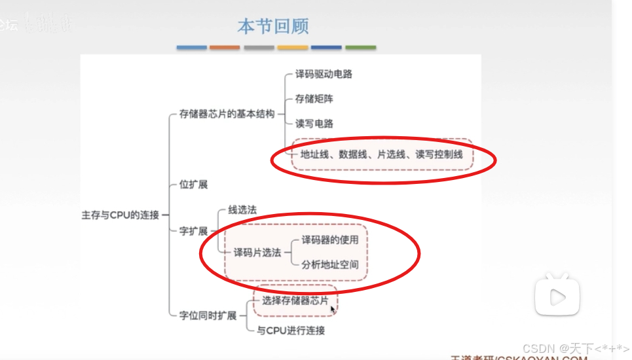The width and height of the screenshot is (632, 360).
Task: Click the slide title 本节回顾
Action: pos(272,26)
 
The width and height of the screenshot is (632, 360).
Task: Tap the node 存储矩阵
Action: pos(310,99)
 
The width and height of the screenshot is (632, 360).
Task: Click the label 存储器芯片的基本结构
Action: pos(227,115)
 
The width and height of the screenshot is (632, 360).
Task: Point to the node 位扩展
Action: pos(193,185)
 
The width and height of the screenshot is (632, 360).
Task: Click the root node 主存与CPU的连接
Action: pos(120,215)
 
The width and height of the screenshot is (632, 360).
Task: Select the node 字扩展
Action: pos(193,231)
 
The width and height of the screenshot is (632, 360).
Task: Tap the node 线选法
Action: pos(242,209)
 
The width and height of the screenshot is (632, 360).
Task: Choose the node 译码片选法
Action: pos(257,252)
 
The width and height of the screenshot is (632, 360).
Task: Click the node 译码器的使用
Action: pos(329,240)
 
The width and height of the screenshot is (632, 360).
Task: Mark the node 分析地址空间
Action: pos(329,264)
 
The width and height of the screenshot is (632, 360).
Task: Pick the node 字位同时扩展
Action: pos(208,315)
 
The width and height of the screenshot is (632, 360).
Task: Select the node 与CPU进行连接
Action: pos(290,331)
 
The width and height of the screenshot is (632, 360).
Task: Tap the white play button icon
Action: pos(557,298)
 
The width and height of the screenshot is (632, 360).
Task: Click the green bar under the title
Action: pos(361,48)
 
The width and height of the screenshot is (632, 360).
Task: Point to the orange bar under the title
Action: pos(225,48)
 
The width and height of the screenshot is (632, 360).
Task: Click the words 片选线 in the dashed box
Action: pos(390,154)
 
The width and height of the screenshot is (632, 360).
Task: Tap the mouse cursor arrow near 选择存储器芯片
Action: pos(333,309)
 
